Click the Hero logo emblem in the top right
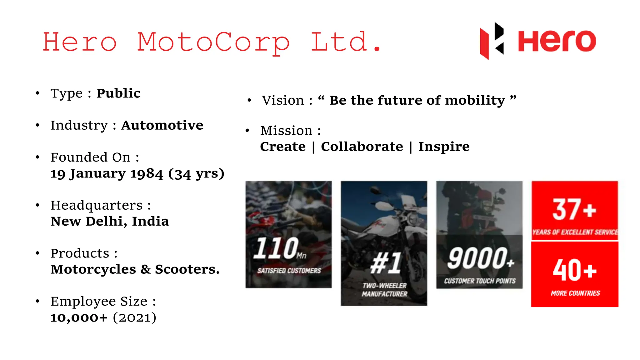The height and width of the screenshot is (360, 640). (x=492, y=41)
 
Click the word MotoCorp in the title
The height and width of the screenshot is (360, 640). (x=213, y=42)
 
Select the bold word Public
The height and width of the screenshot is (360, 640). (x=118, y=93)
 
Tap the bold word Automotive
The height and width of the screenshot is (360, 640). (x=162, y=125)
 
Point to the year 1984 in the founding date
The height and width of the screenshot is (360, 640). (x=147, y=173)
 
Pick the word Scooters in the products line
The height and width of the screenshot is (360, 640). (x=187, y=269)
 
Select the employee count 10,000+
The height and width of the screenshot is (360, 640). (x=79, y=317)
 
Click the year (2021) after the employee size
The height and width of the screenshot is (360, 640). (x=134, y=317)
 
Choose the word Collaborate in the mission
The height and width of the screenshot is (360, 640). (x=362, y=147)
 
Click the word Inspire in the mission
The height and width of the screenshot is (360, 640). (x=444, y=147)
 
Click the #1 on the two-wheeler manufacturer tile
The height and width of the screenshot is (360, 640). (x=386, y=263)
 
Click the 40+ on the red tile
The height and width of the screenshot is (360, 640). (x=574, y=270)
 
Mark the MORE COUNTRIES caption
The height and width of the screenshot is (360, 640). (x=575, y=293)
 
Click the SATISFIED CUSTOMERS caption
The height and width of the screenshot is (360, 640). (x=289, y=271)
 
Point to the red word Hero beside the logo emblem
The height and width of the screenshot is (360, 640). (x=557, y=41)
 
